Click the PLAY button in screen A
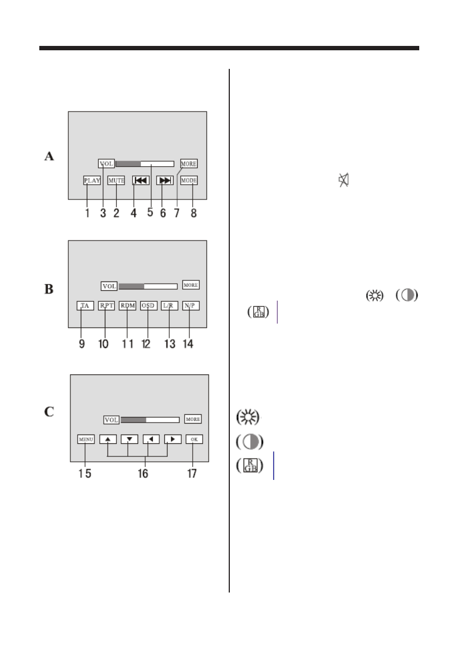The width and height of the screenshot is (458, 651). coord(92,180)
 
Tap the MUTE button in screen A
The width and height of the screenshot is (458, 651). coord(116,180)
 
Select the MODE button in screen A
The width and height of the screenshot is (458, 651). coord(189,180)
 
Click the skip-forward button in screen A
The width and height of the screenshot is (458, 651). coord(164,180)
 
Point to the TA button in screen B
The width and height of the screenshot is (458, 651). coord(85,306)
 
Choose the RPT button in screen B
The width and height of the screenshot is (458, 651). coord(106,306)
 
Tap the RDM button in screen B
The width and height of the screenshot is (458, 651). coord(127,306)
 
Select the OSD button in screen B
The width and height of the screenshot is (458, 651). coord(148,306)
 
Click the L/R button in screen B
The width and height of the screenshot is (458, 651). coord(170,306)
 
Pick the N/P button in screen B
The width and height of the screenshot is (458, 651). coord(191,306)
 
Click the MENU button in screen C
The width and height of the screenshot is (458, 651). coord(86,439)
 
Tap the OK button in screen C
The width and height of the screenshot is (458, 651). coord(194,439)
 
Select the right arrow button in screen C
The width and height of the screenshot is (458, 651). coord(173,439)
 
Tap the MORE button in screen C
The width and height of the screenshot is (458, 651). coord(193,419)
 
